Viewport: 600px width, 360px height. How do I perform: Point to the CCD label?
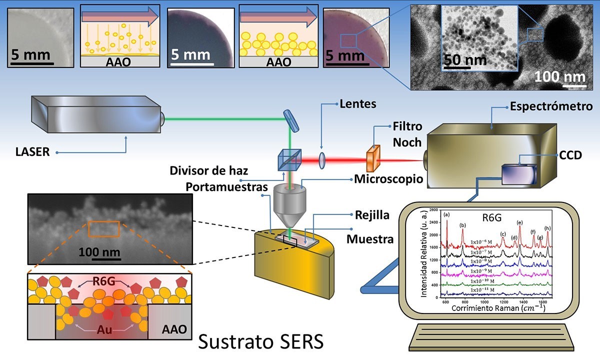[571, 155]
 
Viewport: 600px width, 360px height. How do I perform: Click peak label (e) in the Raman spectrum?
[520, 222]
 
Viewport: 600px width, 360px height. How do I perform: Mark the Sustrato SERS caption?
[260, 342]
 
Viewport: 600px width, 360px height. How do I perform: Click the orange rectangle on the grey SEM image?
[104, 228]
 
